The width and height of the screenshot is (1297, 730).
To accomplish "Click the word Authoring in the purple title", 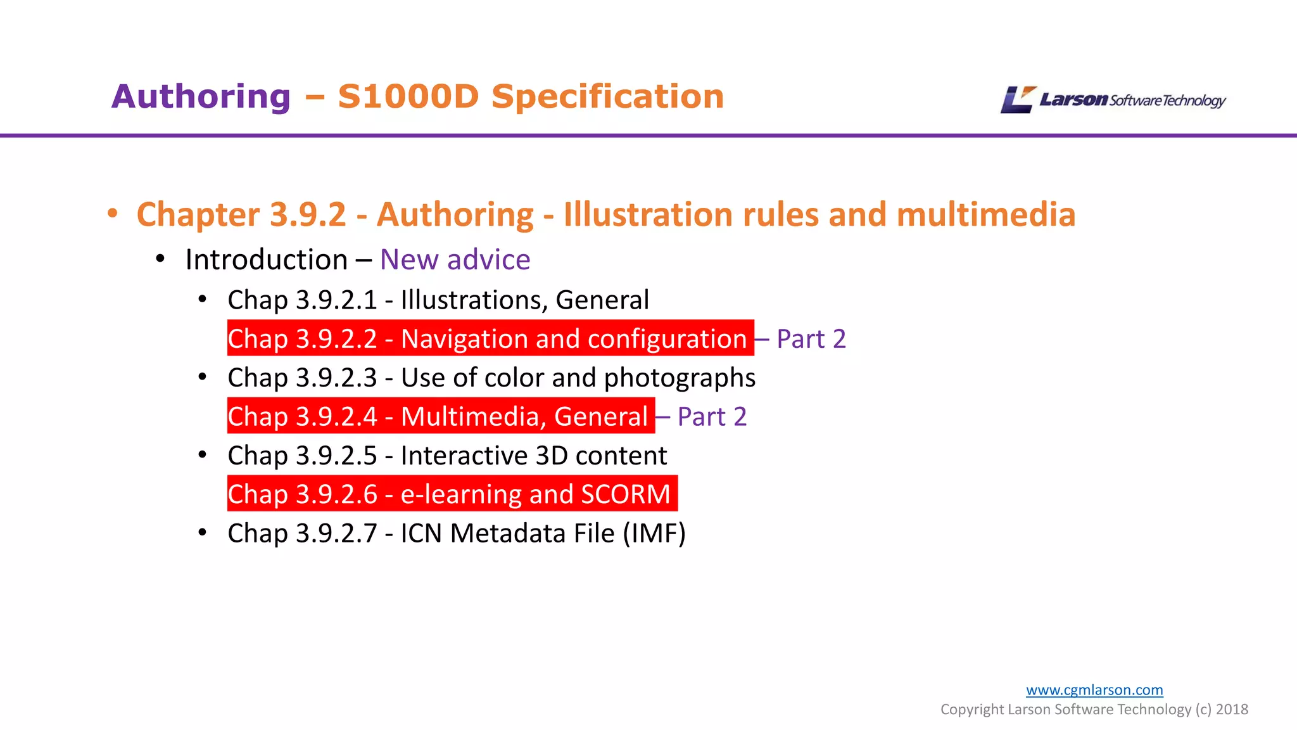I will pos(201,97).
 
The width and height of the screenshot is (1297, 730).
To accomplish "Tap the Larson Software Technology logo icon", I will pos(1017,100).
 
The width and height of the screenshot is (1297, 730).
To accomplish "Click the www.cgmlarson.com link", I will pos(1094,690).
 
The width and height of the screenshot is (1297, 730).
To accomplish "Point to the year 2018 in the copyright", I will pos(1232,710).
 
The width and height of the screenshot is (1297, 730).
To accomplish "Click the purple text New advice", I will pos(455,260).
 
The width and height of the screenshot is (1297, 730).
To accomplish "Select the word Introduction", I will pos(267,260).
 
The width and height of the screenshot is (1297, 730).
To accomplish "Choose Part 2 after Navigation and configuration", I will pos(811,339).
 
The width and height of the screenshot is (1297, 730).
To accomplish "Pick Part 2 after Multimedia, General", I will pos(712,417).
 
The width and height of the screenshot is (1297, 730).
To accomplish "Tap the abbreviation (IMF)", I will pos(654,534).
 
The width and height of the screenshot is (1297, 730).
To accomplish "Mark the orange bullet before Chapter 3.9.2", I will pos(113,214).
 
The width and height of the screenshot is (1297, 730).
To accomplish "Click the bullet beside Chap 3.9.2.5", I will pos(202,455).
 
